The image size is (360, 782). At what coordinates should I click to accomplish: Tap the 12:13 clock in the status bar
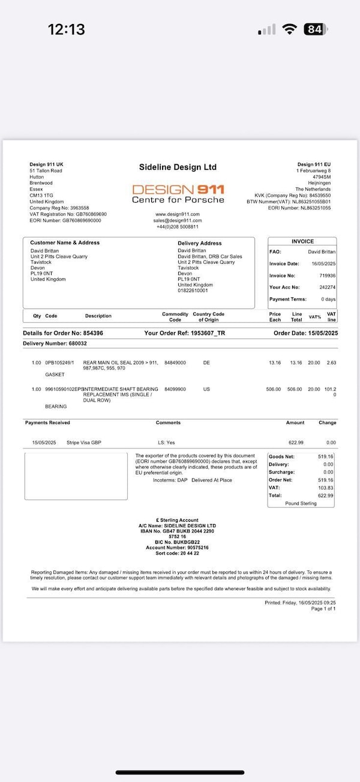click(66, 29)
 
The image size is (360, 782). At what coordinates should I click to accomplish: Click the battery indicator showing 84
click(316, 29)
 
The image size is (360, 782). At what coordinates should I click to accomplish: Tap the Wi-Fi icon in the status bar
click(290, 29)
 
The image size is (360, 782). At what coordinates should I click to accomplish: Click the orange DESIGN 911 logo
click(178, 190)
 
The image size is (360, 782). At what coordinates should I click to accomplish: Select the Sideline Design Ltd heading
click(178, 167)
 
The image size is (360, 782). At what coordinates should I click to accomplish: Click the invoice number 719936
click(328, 275)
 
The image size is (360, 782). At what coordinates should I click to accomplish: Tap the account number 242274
click(328, 287)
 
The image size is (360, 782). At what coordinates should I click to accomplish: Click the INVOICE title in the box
click(302, 241)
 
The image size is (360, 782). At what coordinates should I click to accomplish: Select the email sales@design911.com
click(178, 220)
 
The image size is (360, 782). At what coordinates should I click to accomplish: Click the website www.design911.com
click(178, 214)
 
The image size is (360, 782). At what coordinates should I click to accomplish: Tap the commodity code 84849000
click(175, 363)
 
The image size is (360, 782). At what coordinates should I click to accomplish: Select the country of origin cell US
click(206, 389)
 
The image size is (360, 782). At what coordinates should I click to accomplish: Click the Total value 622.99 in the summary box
click(325, 495)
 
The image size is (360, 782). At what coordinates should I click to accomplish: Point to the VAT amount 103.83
click(325, 488)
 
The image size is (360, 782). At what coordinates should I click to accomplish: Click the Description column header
click(98, 316)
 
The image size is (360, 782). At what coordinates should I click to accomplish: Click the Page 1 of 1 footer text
click(323, 609)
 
